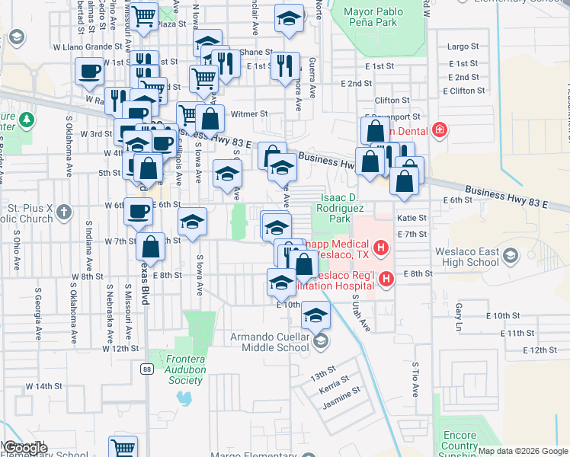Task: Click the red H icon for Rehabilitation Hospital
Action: coord(386,280)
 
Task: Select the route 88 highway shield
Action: coord(145,369)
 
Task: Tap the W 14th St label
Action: coord(43,386)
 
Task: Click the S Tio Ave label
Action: coord(415,379)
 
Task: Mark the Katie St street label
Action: coord(408,218)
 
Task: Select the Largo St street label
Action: coord(463,46)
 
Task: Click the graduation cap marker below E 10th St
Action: coord(315,314)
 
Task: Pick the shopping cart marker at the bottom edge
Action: coord(123,446)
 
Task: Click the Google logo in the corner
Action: coord(26,448)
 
